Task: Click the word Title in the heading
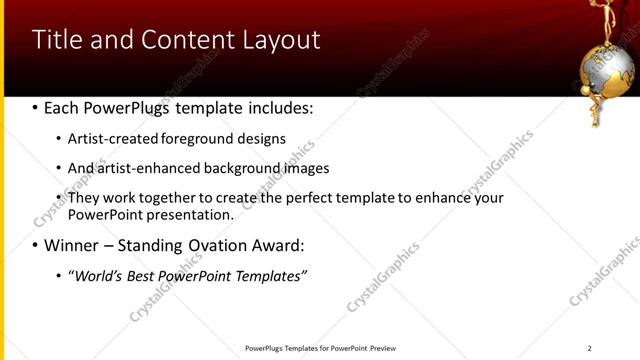click(x=58, y=40)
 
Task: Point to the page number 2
click(x=589, y=348)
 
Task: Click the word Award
click(x=269, y=245)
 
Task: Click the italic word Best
click(x=144, y=275)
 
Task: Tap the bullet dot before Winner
click(x=35, y=246)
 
